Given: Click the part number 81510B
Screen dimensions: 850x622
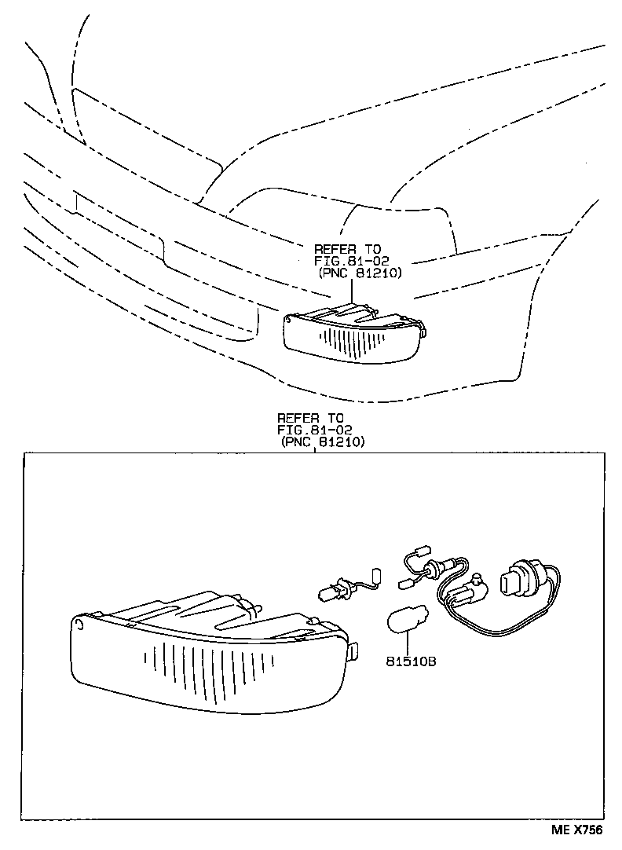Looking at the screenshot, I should (x=410, y=661).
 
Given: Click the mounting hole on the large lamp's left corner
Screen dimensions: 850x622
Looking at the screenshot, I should (x=81, y=624).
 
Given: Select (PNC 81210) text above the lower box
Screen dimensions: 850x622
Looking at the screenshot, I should (x=323, y=442).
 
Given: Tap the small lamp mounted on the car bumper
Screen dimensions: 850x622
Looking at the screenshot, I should (x=353, y=334).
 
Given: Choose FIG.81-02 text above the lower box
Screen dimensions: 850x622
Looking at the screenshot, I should (x=314, y=430).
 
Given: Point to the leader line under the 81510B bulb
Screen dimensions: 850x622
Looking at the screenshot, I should (x=408, y=644).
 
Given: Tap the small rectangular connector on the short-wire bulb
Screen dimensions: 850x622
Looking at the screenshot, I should (x=375, y=577).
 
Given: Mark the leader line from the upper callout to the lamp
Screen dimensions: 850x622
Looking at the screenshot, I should (x=352, y=292).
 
